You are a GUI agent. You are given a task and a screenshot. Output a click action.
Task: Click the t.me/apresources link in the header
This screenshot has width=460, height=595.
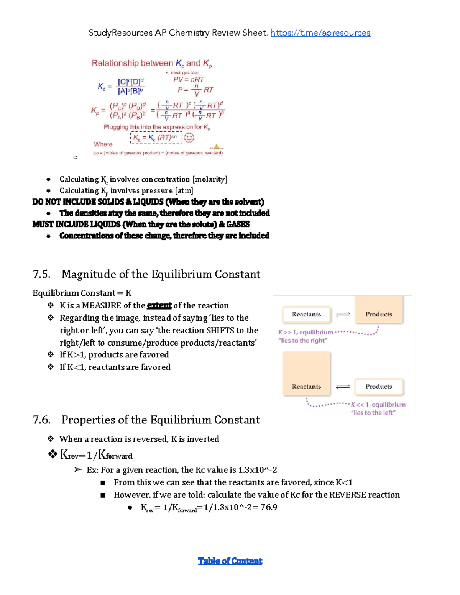pyautogui.click(x=320, y=33)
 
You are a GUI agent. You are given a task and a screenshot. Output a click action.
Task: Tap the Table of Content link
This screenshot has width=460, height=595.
pyautogui.click(x=230, y=561)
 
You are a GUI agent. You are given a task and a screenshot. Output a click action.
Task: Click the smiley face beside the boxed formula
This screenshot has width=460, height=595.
pyautogui.click(x=189, y=138)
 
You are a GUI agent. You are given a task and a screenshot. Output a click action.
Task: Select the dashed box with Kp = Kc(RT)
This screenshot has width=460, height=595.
pyautogui.click(x=156, y=138)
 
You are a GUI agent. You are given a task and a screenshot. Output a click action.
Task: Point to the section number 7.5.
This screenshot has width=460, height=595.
pyautogui.click(x=42, y=274)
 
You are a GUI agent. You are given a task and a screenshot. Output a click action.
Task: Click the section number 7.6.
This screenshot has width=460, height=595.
pyautogui.click(x=42, y=420)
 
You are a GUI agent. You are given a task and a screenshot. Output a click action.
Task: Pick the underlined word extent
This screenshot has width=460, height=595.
pyautogui.click(x=159, y=306)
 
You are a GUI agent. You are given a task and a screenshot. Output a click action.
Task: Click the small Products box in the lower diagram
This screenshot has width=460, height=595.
pyautogui.click(x=379, y=387)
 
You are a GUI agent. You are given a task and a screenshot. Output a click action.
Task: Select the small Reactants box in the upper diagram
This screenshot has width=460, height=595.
pyautogui.click(x=306, y=315)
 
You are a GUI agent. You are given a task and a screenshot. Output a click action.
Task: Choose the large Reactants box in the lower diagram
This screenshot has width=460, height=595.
pyautogui.click(x=306, y=374)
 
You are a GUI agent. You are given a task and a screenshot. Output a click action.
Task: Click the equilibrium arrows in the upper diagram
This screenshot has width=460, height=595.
pyautogui.click(x=343, y=315)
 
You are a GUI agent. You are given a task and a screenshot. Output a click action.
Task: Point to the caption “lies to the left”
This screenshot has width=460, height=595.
pyautogui.click(x=373, y=413)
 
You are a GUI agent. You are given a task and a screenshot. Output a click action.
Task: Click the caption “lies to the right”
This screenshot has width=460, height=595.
pyautogui.click(x=303, y=341)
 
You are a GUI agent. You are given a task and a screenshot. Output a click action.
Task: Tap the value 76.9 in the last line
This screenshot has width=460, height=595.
pyautogui.click(x=269, y=507)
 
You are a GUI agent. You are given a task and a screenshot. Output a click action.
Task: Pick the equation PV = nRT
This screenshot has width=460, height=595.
pyautogui.click(x=189, y=80)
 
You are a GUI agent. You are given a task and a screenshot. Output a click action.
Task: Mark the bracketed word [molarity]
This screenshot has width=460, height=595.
pyautogui.click(x=210, y=179)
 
